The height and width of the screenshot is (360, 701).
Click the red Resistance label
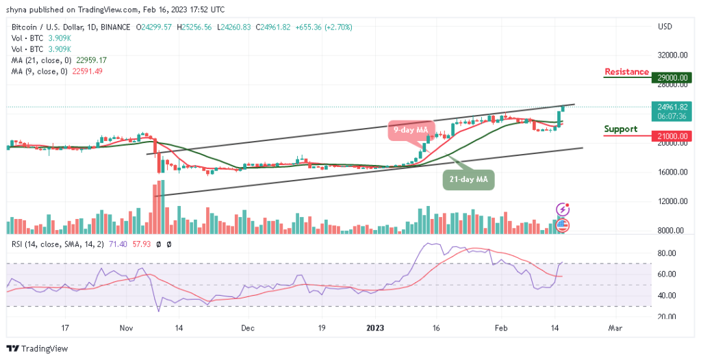click(x=626, y=72)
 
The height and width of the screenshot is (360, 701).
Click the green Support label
click(x=621, y=129)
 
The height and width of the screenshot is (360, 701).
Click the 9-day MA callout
click(x=411, y=129)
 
